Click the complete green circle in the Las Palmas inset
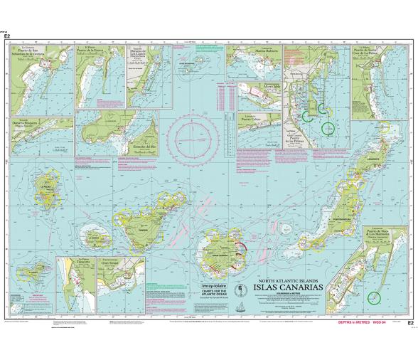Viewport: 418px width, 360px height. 328,128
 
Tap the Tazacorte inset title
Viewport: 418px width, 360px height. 87,261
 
